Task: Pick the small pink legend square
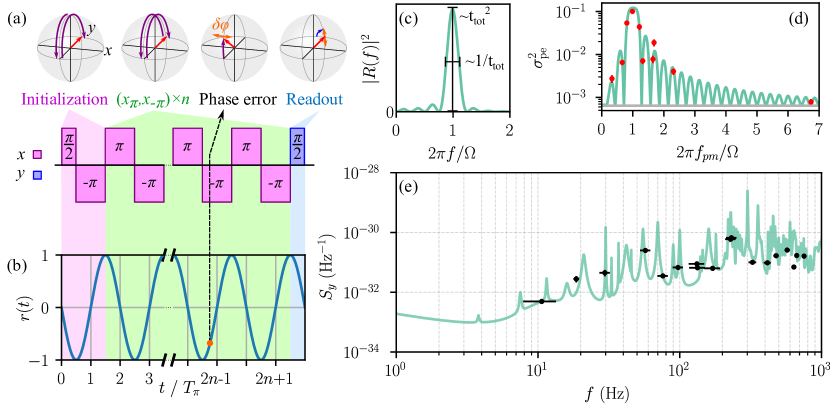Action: click(37, 155)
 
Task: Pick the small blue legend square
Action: click(37, 175)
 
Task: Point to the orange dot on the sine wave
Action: click(209, 343)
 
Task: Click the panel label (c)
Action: click(408, 17)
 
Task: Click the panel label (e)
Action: click(408, 187)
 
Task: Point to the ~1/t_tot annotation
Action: click(485, 62)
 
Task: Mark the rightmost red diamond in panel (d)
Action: click(810, 101)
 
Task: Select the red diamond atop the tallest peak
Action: click(632, 11)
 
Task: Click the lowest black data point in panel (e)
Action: click(542, 301)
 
